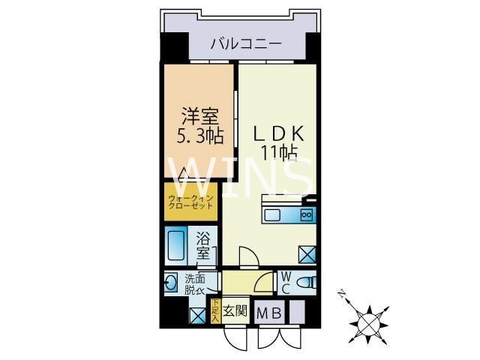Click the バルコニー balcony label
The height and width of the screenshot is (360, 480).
coord(245,43)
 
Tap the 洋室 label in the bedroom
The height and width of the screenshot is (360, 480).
coord(200,118)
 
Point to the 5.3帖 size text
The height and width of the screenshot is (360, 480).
coord(199,136)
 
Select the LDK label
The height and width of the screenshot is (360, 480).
coord(278,134)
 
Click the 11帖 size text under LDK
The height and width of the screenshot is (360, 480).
coord(279,152)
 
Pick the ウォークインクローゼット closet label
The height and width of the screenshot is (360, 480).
coord(190,202)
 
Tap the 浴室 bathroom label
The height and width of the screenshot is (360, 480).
coord(203,247)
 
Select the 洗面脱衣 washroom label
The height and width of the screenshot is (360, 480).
coord(196,284)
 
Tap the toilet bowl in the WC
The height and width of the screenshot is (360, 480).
coord(304,283)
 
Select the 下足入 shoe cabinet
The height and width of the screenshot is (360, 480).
coord(214,310)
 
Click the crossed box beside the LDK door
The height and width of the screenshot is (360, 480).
coord(307,255)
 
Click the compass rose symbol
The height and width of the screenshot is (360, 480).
coord(367,322)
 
